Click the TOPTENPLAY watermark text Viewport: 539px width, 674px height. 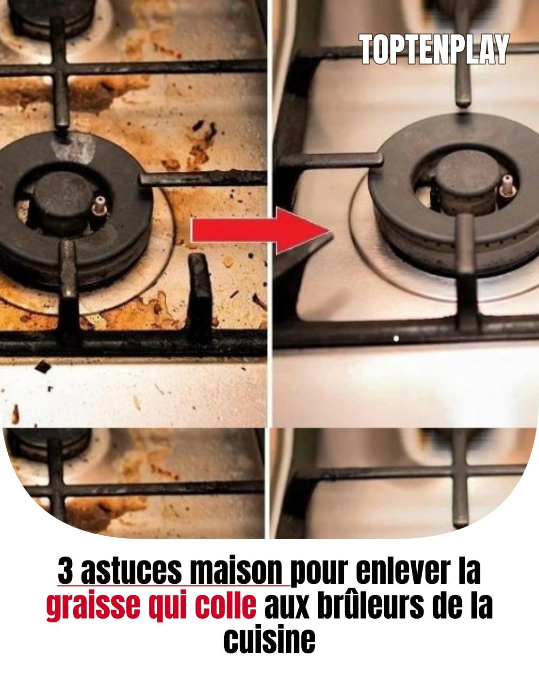tap(434, 49)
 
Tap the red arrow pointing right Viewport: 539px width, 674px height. tap(261, 230)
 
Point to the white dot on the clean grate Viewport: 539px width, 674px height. tap(396, 338)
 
